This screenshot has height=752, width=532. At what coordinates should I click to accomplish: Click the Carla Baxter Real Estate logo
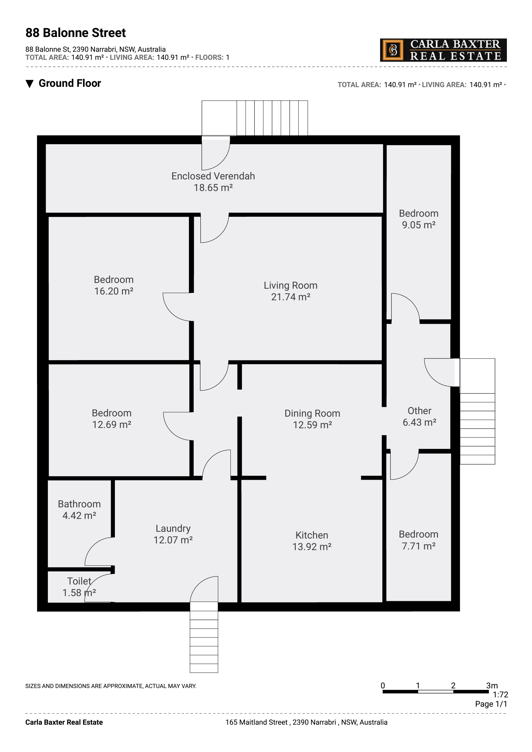tap(443, 50)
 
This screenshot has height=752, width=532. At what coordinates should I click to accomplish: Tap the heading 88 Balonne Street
tap(76, 33)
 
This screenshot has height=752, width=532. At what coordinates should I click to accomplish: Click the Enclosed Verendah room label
tap(213, 176)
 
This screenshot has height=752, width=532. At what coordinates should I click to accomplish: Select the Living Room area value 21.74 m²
tap(290, 297)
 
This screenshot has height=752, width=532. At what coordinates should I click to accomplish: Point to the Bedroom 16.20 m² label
tap(114, 285)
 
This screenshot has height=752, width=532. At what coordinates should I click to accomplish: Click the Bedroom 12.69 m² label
tap(112, 419)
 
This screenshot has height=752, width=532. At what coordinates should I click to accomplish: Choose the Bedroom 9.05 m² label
tap(419, 219)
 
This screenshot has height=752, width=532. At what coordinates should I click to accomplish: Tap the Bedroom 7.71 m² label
tap(419, 540)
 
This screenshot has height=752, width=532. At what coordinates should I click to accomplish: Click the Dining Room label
tap(312, 413)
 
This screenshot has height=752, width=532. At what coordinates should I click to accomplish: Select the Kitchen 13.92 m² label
tap(312, 541)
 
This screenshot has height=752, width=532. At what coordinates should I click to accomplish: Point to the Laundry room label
tap(173, 528)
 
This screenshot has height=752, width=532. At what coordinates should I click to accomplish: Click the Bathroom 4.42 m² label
tap(79, 510)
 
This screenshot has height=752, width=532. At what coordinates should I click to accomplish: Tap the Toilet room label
tap(79, 581)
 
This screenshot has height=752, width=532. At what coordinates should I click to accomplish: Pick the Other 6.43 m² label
tap(419, 417)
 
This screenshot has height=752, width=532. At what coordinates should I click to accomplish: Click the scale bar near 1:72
tap(435, 692)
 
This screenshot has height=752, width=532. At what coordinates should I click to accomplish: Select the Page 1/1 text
tap(491, 704)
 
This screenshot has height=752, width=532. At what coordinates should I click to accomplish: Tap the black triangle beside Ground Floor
tap(30, 84)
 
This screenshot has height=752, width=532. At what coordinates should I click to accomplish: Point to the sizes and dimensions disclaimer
tap(111, 686)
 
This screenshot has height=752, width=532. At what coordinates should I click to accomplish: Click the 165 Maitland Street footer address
tap(306, 722)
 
